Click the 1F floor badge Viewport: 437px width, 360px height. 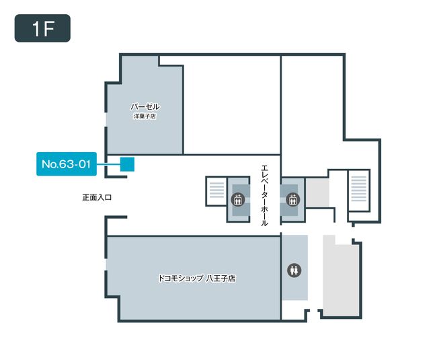(x=42, y=28)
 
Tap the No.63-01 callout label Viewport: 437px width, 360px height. (x=67, y=164)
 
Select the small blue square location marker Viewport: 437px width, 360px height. (x=127, y=164)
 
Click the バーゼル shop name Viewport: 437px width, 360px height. (x=145, y=107)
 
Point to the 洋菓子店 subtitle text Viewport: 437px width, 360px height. (x=145, y=116)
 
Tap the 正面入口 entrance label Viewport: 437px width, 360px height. (x=97, y=197)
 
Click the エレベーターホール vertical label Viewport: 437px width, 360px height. (x=264, y=195)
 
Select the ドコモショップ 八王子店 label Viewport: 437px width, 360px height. (x=197, y=278)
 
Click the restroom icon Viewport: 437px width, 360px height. (x=294, y=271)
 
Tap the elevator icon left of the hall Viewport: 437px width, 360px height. (x=238, y=199)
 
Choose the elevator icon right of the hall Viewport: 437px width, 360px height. (x=293, y=199)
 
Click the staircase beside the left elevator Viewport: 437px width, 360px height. (x=216, y=191)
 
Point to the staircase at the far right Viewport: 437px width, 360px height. (x=359, y=190)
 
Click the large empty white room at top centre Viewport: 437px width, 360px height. (x=231, y=105)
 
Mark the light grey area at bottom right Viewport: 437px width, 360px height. (x=341, y=275)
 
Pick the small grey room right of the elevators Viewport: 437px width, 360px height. (x=317, y=192)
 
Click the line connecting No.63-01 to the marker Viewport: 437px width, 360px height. (x=108, y=164)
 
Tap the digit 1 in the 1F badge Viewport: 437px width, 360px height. (x=36, y=29)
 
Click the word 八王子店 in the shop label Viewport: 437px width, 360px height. (x=221, y=278)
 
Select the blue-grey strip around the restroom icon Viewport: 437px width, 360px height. (x=294, y=267)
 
